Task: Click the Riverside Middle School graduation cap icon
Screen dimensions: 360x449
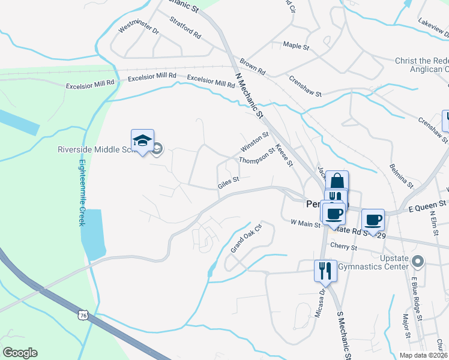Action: (143, 141)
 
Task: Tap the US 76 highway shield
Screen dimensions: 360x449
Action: (82, 314)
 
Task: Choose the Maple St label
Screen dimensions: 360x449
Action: (295, 46)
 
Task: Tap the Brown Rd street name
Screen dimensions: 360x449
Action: (252, 67)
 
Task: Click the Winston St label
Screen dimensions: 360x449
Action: (254, 143)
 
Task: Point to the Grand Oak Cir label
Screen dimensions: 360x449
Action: (247, 238)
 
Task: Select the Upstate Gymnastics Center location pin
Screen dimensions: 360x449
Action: (420, 262)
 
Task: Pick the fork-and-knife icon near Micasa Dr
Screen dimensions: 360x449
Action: (324, 270)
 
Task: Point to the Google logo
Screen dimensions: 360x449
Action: (20, 353)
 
